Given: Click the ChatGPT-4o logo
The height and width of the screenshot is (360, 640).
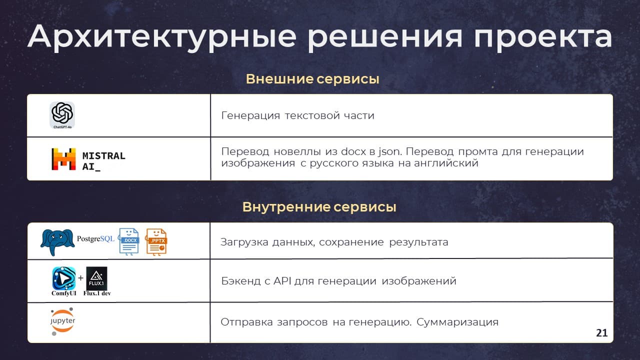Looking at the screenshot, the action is [x=62, y=115].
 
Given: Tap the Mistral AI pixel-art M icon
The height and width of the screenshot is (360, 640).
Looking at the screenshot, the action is [x=63, y=159].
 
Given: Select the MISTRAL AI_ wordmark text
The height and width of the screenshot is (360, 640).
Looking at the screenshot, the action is [x=103, y=161].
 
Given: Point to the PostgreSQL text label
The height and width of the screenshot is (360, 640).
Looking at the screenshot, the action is [x=95, y=238].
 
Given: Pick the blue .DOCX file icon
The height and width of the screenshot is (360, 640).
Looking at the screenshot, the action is [x=129, y=241].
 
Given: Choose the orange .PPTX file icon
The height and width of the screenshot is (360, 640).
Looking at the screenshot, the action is [x=156, y=242].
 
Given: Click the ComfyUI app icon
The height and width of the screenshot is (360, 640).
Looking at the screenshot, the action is [x=64, y=278].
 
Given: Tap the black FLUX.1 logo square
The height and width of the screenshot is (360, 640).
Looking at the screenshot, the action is [x=96, y=278].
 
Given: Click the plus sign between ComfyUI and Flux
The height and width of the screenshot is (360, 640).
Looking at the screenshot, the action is [x=81, y=277].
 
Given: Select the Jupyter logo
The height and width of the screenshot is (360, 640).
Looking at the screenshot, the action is [x=62, y=321].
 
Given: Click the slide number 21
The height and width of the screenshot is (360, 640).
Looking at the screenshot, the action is [x=601, y=333].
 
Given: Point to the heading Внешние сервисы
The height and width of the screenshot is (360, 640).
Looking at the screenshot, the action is [x=312, y=79].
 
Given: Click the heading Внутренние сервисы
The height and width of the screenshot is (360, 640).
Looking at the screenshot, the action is [x=319, y=207].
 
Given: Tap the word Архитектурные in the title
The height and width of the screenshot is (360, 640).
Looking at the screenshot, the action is [x=162, y=37].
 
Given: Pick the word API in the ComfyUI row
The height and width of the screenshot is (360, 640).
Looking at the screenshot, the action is [x=282, y=281].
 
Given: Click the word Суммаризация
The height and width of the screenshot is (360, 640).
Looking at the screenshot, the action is [x=457, y=322].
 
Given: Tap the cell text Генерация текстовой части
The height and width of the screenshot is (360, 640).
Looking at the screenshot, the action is [x=297, y=115].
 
